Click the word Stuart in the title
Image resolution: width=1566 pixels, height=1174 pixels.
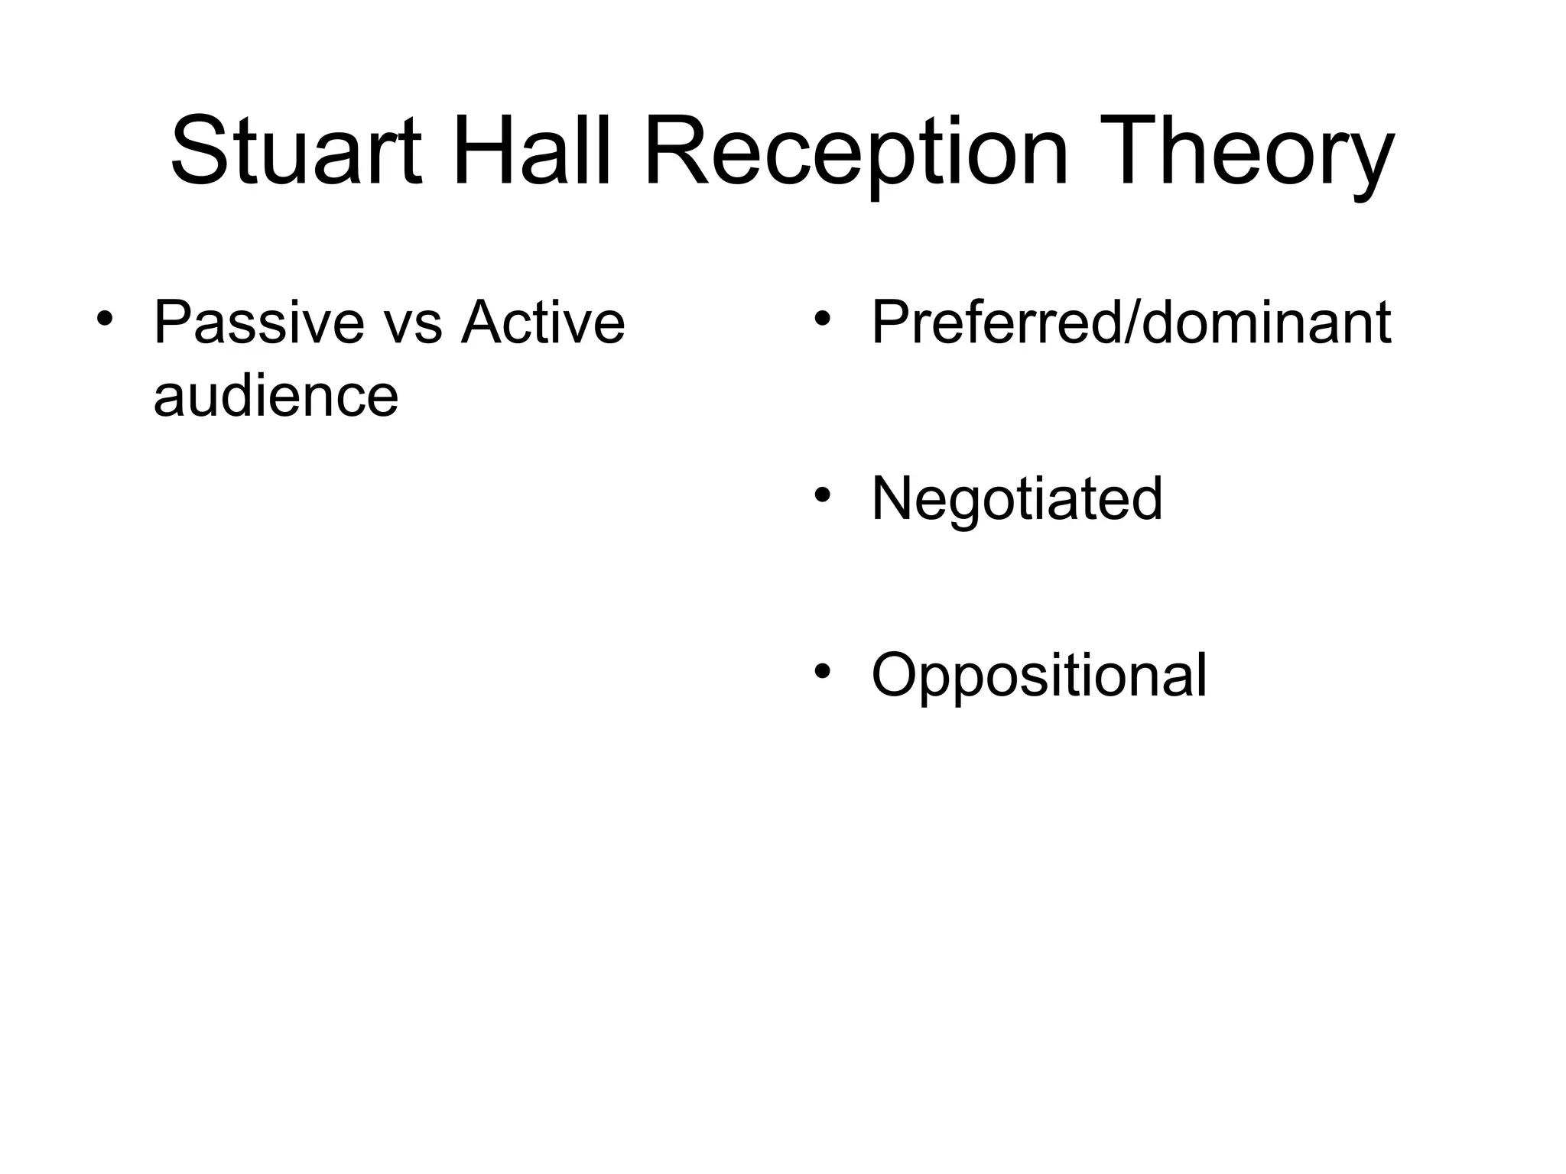295,151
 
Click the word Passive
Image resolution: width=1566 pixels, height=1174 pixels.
258,323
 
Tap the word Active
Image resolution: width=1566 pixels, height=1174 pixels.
543,323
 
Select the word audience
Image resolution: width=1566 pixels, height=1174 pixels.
275,396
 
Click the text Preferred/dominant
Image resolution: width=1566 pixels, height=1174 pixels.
1131,323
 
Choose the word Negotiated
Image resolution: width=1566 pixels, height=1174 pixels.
1016,498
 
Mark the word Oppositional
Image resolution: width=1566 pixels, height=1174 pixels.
1038,675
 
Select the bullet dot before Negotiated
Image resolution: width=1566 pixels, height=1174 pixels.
822,495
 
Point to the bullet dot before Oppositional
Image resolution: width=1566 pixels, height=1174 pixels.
822,671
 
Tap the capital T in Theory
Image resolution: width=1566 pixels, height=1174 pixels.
1124,151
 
